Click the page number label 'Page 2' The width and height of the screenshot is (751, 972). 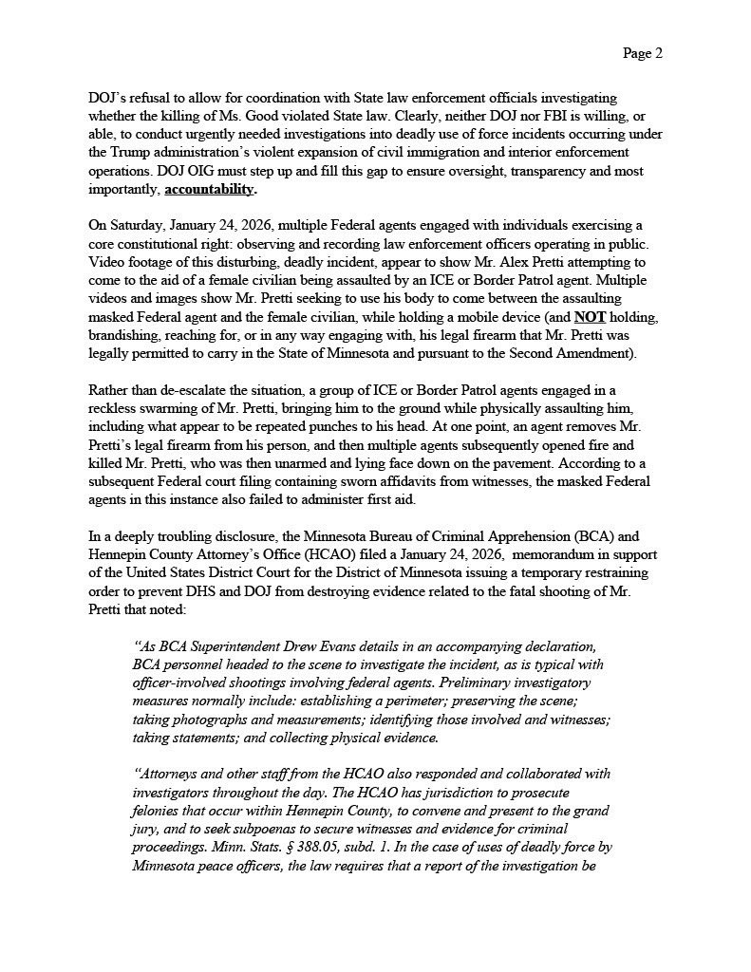(x=642, y=53)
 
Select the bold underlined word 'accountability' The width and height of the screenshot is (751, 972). (x=209, y=189)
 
